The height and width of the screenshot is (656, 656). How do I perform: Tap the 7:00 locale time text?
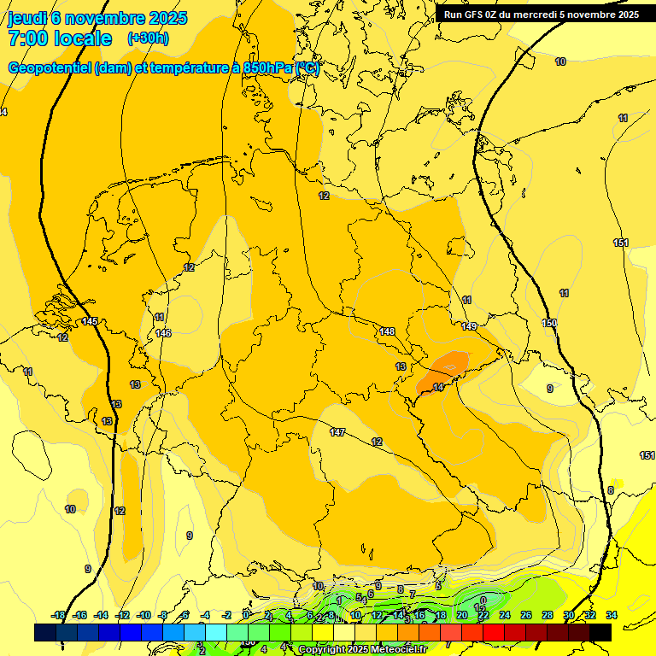coord(60,38)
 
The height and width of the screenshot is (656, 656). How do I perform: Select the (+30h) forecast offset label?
coord(147,38)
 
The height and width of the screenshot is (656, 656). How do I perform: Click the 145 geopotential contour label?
coord(90,321)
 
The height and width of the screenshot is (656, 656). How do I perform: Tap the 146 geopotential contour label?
coord(163,333)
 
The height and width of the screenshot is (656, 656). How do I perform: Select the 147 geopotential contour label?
coord(337,433)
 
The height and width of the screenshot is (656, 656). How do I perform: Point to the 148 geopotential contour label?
coord(387,331)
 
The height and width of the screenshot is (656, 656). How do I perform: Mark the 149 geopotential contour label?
coord(469,326)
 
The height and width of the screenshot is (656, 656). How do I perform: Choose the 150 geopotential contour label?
coord(549,323)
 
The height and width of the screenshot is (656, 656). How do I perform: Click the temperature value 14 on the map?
coord(438,387)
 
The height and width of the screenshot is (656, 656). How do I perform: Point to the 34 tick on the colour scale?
coord(612,615)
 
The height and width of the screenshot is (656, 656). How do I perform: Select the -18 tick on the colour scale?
coord(58,615)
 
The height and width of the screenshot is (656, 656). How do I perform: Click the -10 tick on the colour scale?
coord(143,615)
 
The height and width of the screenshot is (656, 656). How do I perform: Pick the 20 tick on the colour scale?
coord(461,615)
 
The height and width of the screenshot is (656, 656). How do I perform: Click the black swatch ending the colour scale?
coord(600,632)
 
